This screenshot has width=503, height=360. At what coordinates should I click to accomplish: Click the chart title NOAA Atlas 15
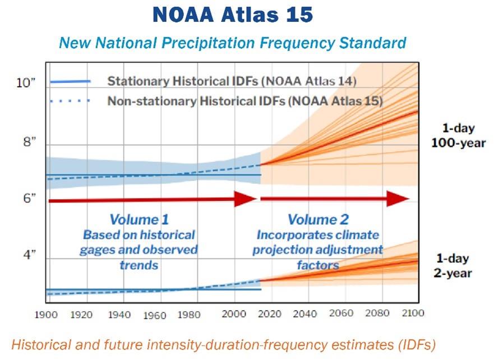coord(233,15)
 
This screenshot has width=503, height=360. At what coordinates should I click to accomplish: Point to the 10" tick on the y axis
coord(25,82)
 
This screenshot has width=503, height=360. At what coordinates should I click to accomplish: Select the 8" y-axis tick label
coord(30,141)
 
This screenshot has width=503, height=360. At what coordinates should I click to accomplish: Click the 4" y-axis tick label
coord(30,255)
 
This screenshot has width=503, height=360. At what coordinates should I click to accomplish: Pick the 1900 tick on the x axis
coord(46,315)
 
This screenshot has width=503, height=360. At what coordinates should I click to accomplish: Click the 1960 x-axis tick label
coord(155,315)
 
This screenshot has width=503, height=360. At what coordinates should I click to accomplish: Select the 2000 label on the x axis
coord(234,313)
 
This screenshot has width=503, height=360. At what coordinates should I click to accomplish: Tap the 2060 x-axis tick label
coord(341,313)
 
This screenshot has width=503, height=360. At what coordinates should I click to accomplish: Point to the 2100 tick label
coord(413,312)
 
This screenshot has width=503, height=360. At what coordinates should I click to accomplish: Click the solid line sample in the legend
coord(70,81)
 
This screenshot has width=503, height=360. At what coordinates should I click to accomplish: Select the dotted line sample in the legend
coord(70,101)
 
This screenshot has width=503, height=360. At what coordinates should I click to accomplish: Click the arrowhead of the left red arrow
coord(246,199)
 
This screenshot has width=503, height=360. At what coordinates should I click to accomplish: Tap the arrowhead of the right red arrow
coord(398,199)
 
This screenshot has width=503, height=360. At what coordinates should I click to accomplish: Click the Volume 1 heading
coord(139,219)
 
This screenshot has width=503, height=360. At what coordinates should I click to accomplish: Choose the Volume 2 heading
coord(318,219)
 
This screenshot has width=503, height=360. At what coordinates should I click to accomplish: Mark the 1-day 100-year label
coord(458,135)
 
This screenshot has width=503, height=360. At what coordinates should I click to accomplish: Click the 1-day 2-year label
coord(453,266)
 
